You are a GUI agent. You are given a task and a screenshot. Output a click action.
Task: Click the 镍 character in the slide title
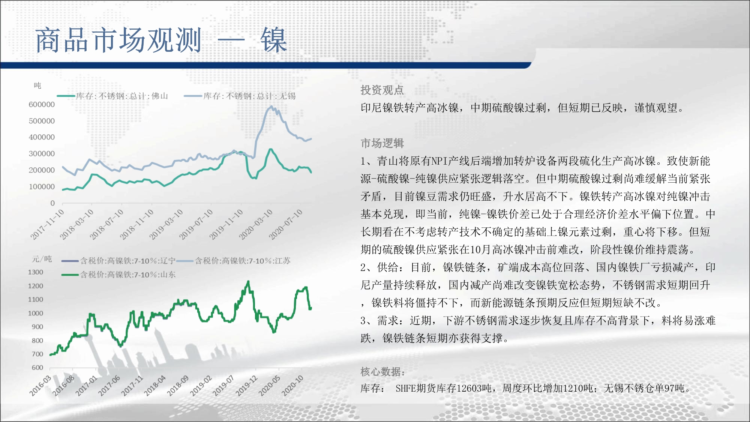tap(274, 40)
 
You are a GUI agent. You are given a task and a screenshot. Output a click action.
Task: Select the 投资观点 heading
tap(382, 90)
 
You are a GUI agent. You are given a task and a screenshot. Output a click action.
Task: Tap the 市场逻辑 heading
tap(382, 143)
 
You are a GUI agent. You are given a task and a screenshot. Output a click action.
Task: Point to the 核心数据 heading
tap(382, 372)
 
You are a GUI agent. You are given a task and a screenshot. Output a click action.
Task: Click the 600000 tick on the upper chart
tap(42, 104)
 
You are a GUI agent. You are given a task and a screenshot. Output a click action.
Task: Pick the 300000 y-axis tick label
tap(42, 153)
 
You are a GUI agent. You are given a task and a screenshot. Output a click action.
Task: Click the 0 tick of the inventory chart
tap(52, 203)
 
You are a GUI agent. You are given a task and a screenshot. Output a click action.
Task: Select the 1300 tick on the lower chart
tap(36, 272)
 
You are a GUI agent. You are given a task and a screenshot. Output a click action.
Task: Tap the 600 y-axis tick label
tap(37, 368)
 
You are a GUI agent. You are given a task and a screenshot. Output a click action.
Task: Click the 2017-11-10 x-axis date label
tap(48, 224)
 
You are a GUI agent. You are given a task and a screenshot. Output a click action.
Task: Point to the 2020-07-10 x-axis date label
tap(286, 224)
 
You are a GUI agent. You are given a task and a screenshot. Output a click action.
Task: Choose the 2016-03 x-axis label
tap(40, 386)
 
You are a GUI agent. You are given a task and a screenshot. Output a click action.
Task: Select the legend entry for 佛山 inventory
tap(112, 96)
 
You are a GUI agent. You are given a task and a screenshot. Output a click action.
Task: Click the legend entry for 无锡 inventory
tap(240, 96)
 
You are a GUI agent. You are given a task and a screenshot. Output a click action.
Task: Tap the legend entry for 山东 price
tap(119, 275)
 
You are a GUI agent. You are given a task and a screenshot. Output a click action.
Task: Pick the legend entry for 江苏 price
tap(234, 261)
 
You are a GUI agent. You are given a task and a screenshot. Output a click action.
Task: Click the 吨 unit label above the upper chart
tap(37, 86)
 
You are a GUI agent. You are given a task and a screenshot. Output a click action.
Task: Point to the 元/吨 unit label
tap(42, 259)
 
